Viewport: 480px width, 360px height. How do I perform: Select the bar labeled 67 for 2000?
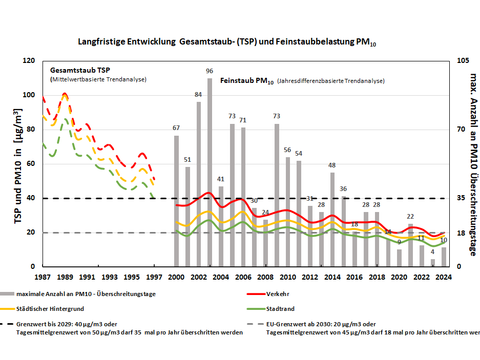pos(176,200)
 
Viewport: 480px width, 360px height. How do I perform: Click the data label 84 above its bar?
pos(198,94)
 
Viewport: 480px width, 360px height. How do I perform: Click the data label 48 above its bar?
pos(332,163)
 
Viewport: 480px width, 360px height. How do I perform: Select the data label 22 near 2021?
pos(410,217)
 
